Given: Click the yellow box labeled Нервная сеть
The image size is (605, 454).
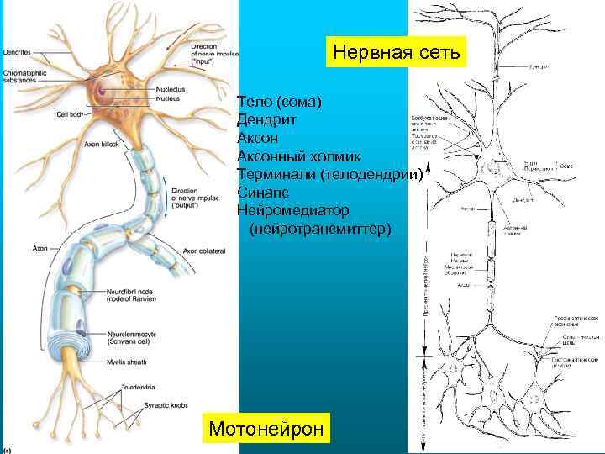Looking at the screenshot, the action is pyautogui.click(x=396, y=53).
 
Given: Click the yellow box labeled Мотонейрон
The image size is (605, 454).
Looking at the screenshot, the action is pyautogui.click(x=266, y=429).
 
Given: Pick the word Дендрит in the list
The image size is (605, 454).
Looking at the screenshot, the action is pyautogui.click(x=269, y=119).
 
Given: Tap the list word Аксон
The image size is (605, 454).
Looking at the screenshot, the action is pyautogui.click(x=258, y=138).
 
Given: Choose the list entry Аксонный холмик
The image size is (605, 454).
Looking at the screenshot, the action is pyautogui.click(x=299, y=156).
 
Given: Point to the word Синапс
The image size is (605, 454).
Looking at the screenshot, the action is pyautogui.click(x=264, y=192).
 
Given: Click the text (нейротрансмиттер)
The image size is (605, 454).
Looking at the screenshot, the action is pyautogui.click(x=320, y=228).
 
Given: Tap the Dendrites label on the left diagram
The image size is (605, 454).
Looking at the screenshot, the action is pyautogui.click(x=18, y=51).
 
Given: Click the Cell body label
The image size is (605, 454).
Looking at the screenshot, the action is pyautogui.click(x=70, y=113).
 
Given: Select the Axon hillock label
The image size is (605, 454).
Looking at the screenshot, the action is pyautogui.click(x=102, y=144).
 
